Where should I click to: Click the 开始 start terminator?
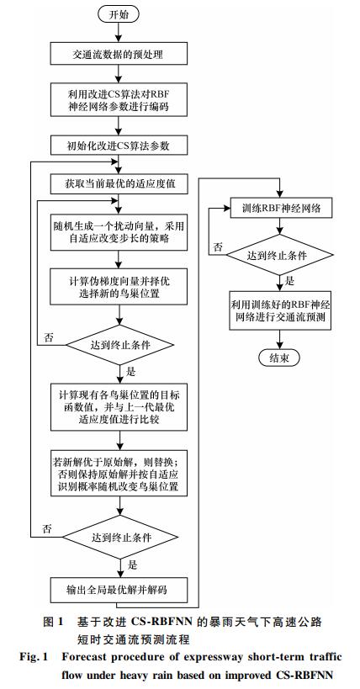coord(118,14)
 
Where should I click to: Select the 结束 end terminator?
coord(279,358)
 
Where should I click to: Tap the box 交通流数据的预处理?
coord(119,55)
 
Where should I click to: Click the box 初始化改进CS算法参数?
coord(119,146)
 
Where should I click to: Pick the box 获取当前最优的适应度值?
coord(119,183)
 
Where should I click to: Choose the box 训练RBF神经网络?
coord(281,209)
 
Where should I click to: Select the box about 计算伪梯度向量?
coord(119,287)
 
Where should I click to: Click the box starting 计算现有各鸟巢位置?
coord(119,407)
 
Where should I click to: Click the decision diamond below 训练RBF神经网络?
coord(281,255)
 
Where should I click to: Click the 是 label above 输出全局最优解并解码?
coord(131,565)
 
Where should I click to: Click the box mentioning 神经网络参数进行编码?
coord(119,101)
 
